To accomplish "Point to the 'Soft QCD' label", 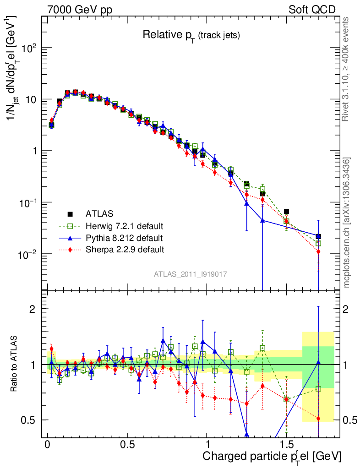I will [x=312, y=10].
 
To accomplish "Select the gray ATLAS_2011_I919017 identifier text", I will [x=191, y=274].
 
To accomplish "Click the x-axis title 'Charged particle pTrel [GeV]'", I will [x=272, y=456].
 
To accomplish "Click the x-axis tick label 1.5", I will [x=286, y=445].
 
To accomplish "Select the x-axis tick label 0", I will [x=48, y=445].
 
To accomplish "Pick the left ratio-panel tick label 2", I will [x=33, y=309].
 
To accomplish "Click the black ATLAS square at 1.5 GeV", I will [x=286, y=212].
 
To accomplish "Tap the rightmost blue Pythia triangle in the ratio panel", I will [x=318, y=363].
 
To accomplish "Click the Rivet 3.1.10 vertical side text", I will [x=347, y=69].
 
